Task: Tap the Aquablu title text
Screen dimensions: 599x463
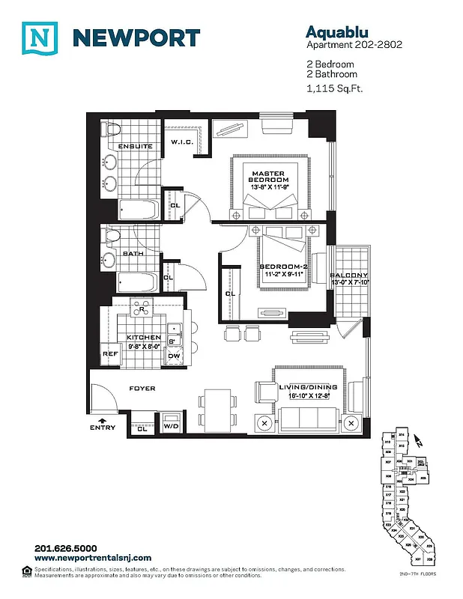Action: (334, 31)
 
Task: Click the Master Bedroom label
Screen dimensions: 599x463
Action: (270, 177)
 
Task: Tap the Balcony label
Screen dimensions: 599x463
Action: (349, 276)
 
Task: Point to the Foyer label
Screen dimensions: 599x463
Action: (142, 389)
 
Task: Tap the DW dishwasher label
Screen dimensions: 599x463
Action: (173, 356)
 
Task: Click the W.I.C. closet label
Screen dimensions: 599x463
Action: (182, 142)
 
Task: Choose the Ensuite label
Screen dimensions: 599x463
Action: (136, 146)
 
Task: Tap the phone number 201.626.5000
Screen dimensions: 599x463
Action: (66, 548)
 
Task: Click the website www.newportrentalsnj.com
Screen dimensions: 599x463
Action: (93, 558)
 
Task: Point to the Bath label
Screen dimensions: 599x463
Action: (133, 253)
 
